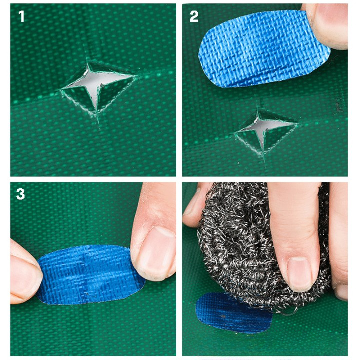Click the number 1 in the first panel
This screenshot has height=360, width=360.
pyautogui.click(x=21, y=17)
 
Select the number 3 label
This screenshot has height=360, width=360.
pyautogui.click(x=21, y=193)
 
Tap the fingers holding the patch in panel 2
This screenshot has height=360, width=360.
pyautogui.click(x=327, y=25)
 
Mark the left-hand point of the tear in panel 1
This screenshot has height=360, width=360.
pyautogui.click(x=62, y=90)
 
